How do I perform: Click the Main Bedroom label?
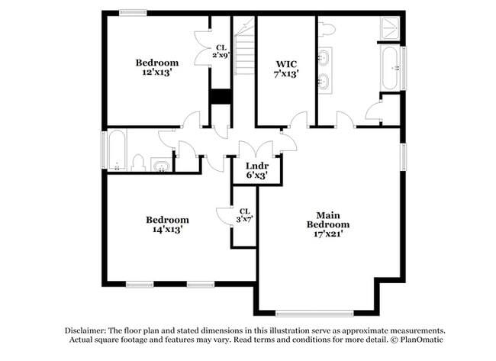coord(328,219)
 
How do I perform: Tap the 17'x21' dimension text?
coord(328,234)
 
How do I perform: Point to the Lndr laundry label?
coord(256,165)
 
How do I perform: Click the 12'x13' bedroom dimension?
coord(156,73)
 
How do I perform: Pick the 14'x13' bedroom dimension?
coord(167,229)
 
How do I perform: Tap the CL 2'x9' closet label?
coord(220,51)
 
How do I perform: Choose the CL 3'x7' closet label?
coord(244,215)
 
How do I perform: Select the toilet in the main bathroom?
coord(327,30)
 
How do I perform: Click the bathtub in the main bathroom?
coord(390,68)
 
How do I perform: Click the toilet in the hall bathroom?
coord(138,163)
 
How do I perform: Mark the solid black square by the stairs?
coord(220,97)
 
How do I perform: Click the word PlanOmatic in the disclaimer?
coord(419,340)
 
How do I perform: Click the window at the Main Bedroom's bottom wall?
coord(314,312)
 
